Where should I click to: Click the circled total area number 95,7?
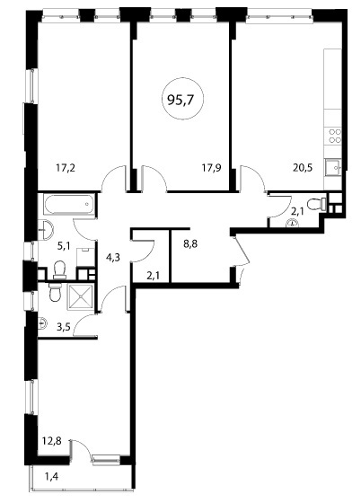(x=180, y=101)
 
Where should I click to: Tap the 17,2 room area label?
(x=66, y=168)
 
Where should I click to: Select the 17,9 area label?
(x=212, y=168)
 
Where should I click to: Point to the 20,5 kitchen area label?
(x=303, y=168)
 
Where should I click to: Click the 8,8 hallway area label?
(x=190, y=243)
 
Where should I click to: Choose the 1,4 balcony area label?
(x=51, y=477)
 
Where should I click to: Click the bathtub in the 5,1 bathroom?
(x=69, y=204)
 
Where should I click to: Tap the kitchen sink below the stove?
(x=333, y=168)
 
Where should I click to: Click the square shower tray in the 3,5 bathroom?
(x=80, y=296)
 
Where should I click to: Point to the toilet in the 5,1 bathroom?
(x=59, y=269)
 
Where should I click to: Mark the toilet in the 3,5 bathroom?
(x=56, y=291)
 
